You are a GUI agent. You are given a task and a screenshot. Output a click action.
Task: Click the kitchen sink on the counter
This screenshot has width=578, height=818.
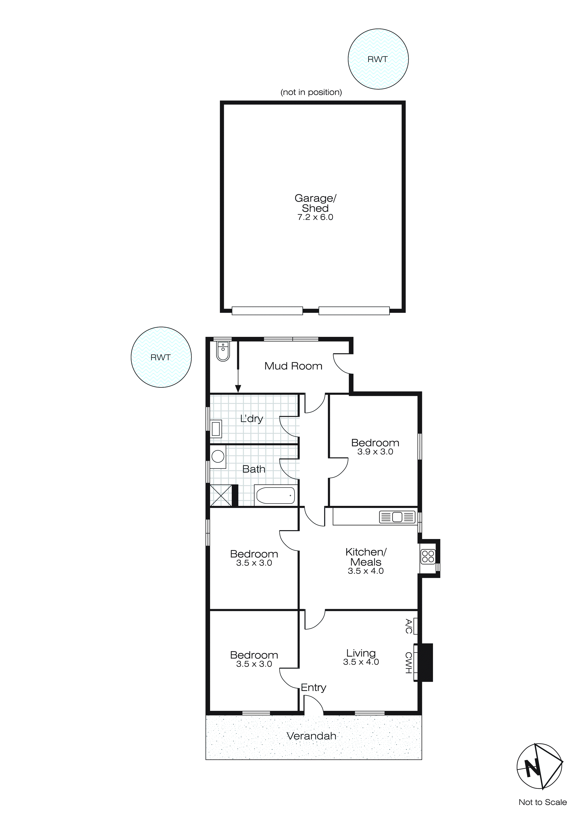pos(397,517)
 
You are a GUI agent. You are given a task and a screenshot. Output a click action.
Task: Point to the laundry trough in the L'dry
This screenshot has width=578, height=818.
pos(216,429)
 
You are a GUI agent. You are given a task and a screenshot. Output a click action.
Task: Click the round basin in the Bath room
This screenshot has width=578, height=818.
pos(218,456)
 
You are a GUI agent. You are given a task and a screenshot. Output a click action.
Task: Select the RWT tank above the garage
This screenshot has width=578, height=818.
pos(378,59)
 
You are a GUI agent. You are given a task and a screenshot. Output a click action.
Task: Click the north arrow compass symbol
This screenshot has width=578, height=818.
pos(539,766)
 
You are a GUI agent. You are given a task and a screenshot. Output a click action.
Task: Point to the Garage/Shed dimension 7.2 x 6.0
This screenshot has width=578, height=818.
pos(315,217)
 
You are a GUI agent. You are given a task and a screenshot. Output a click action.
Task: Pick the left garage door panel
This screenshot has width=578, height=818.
pos(267,311)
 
